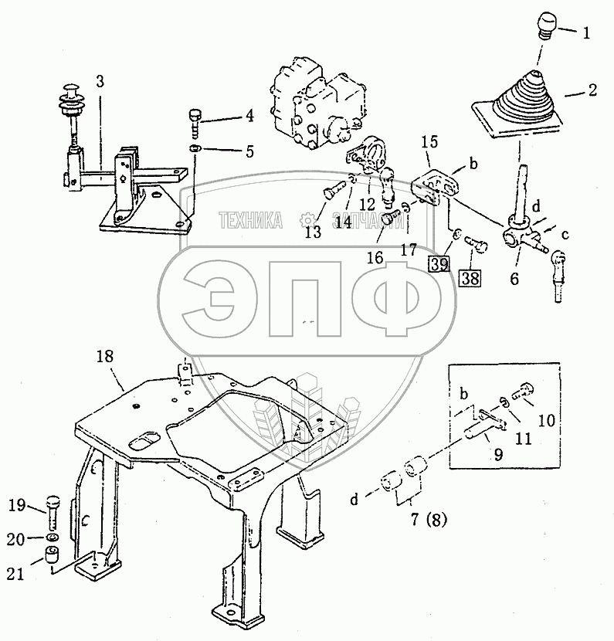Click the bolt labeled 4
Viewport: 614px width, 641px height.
(x=196, y=120)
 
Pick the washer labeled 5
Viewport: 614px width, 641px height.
(x=196, y=148)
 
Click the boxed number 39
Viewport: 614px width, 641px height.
(x=439, y=265)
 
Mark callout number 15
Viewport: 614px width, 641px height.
(x=430, y=142)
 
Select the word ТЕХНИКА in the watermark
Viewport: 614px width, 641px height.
(x=250, y=222)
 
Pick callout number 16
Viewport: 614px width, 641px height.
(x=375, y=256)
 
